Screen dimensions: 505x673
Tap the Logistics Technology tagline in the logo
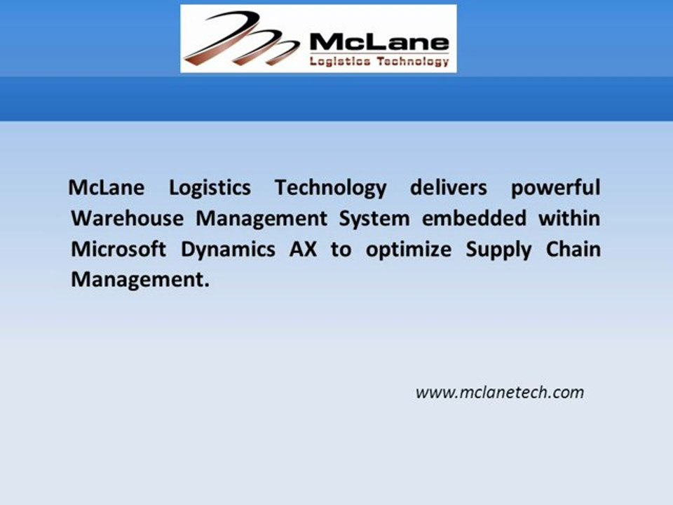(x=379, y=61)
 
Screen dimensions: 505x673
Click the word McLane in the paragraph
(x=107, y=188)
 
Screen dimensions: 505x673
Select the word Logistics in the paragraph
(x=209, y=189)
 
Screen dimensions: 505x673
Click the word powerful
(x=555, y=189)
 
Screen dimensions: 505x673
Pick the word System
(x=374, y=219)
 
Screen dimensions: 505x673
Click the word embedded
(x=473, y=219)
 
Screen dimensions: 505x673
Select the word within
(x=569, y=219)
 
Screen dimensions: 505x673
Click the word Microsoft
(x=118, y=249)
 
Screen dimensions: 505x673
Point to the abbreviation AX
(x=303, y=249)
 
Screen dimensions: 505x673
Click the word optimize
(x=408, y=250)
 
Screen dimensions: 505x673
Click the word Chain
(x=573, y=249)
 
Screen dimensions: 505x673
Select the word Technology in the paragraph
(x=330, y=189)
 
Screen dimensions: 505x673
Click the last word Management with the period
(x=140, y=280)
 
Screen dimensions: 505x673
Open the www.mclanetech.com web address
(x=499, y=392)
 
